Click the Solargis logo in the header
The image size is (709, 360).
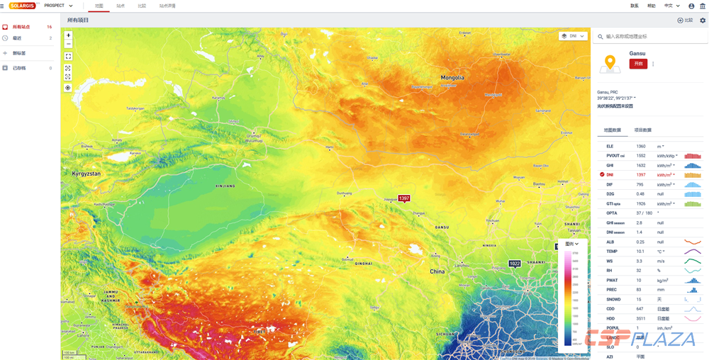click(x=22, y=6)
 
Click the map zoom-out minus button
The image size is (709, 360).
click(x=68, y=44)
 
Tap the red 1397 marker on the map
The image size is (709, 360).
click(x=403, y=198)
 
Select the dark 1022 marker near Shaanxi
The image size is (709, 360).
click(x=515, y=264)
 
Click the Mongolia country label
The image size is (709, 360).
click(x=452, y=77)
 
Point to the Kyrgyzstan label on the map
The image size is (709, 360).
click(x=86, y=173)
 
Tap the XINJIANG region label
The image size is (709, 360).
click(x=215, y=186)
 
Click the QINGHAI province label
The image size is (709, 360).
click(x=363, y=263)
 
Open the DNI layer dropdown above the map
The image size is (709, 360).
click(x=573, y=36)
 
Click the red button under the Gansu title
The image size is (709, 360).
click(x=638, y=64)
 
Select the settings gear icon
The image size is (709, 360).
click(x=703, y=21)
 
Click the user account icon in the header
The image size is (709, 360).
click(x=691, y=6)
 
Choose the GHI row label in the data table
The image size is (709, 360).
click(x=610, y=165)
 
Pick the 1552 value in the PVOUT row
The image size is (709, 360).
click(x=641, y=156)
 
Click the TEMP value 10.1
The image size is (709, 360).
click(x=640, y=252)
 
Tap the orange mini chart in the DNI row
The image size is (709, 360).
click(x=693, y=175)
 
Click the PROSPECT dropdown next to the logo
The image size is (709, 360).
click(x=58, y=6)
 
